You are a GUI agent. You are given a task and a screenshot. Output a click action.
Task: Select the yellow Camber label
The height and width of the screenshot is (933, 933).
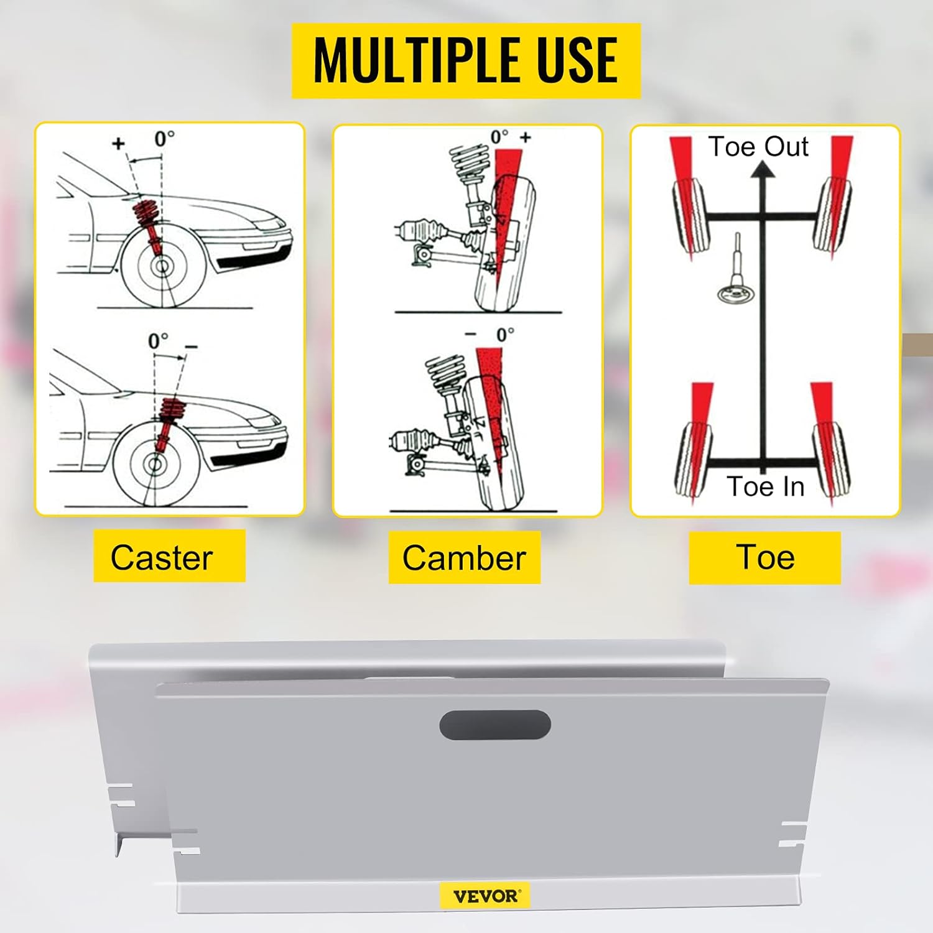coord(464,557)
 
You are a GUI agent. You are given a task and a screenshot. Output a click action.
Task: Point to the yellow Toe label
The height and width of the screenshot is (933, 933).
coord(765,557)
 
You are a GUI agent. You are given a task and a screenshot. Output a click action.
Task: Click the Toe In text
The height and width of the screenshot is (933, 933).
coord(766,486)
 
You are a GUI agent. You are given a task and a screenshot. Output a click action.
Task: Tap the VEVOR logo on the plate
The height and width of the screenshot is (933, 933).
coord(485,896)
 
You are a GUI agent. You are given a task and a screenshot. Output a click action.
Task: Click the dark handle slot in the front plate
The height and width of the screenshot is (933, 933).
coord(495,725)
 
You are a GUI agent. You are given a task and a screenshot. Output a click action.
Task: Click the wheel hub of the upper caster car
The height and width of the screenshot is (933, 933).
coord(162,267)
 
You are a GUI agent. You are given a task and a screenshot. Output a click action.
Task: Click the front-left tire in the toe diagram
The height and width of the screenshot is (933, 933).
coord(690,215)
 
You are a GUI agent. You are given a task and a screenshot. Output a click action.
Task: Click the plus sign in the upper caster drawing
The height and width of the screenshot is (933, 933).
coord(118,144)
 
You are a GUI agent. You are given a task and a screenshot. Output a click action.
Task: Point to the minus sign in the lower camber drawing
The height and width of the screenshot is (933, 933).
coord(471,335)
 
